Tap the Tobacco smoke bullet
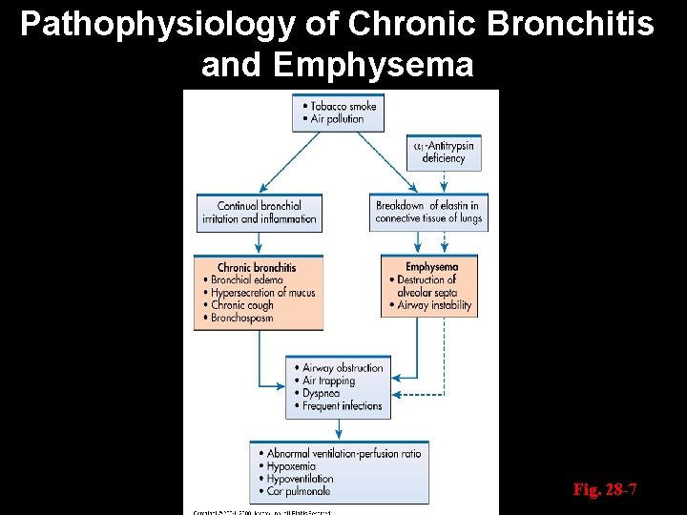tap(342, 105)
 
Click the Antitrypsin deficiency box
tap(441, 152)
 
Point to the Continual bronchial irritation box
tap(259, 212)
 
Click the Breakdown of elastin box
tap(428, 212)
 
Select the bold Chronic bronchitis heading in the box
tap(257, 268)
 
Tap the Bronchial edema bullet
tap(248, 280)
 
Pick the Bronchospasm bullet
tap(243, 318)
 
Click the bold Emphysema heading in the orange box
tap(431, 267)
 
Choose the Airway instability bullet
tap(430, 306)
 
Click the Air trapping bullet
tap(327, 381)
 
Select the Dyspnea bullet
tap(322, 393)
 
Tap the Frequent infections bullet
tap(342, 405)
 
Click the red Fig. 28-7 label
tap(604, 490)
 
